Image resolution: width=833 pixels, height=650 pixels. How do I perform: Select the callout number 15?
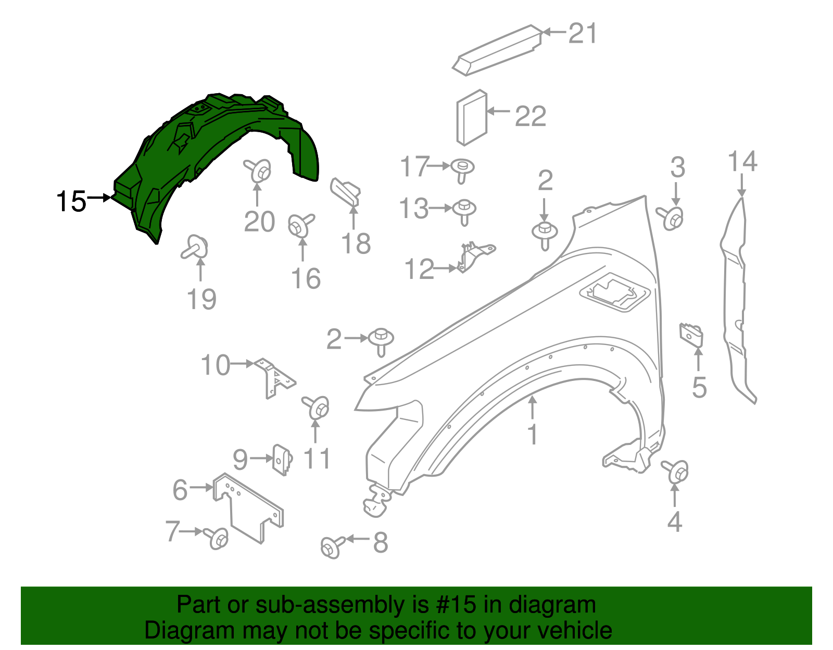(x=71, y=201)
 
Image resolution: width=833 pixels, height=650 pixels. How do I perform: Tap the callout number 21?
(x=583, y=33)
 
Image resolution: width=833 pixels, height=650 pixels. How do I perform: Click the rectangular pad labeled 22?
(x=472, y=117)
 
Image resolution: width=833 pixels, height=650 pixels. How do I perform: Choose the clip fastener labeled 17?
(x=462, y=170)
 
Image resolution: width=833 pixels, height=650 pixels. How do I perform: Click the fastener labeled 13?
(x=464, y=210)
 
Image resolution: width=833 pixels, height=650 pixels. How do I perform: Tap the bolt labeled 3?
(x=672, y=218)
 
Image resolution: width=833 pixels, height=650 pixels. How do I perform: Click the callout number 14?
(x=742, y=161)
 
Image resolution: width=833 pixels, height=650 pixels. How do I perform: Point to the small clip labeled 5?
(x=691, y=335)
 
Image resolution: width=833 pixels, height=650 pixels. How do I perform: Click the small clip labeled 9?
(x=282, y=459)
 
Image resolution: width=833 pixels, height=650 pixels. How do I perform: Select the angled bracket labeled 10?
(x=273, y=377)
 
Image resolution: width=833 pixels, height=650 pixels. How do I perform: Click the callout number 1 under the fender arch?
(x=532, y=435)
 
